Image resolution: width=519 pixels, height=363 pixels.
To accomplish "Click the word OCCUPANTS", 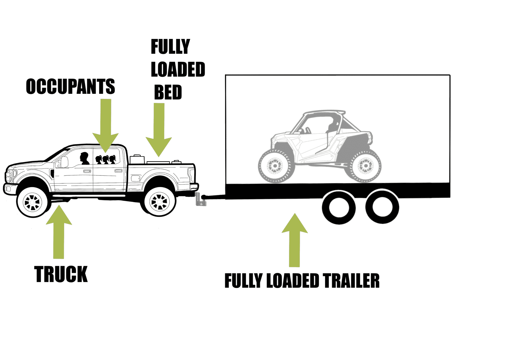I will click(70, 86).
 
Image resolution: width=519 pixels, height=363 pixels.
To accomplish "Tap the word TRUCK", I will click(61, 274).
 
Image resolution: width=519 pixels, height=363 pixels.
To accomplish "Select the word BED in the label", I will click(168, 92).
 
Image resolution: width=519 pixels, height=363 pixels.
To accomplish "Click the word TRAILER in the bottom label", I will click(351, 281).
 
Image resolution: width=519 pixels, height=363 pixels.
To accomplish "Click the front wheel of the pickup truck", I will click(32, 202).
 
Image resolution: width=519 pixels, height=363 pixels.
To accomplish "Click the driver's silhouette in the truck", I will click(84, 159).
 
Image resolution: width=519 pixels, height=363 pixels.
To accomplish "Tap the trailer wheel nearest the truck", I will click(339, 208).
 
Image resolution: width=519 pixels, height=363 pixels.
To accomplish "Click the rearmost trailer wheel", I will click(382, 207).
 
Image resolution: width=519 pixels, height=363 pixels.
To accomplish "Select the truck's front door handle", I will click(87, 171).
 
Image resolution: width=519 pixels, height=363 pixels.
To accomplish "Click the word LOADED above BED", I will click(178, 70).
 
